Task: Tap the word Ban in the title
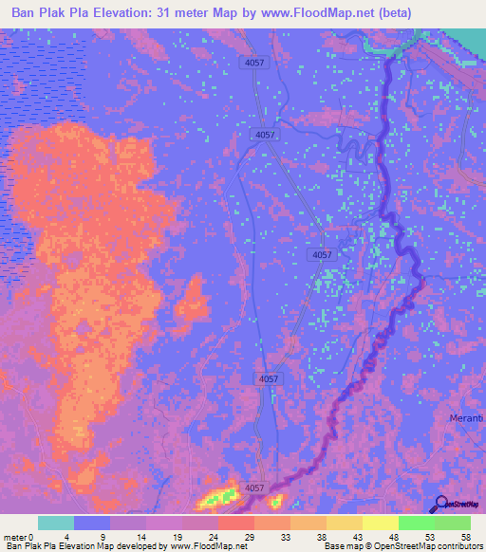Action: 26,13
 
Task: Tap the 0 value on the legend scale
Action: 31,537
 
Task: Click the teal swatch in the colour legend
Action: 56,523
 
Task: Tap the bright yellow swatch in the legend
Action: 381,523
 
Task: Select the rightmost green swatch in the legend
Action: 453,523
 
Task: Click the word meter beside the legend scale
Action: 14,537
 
